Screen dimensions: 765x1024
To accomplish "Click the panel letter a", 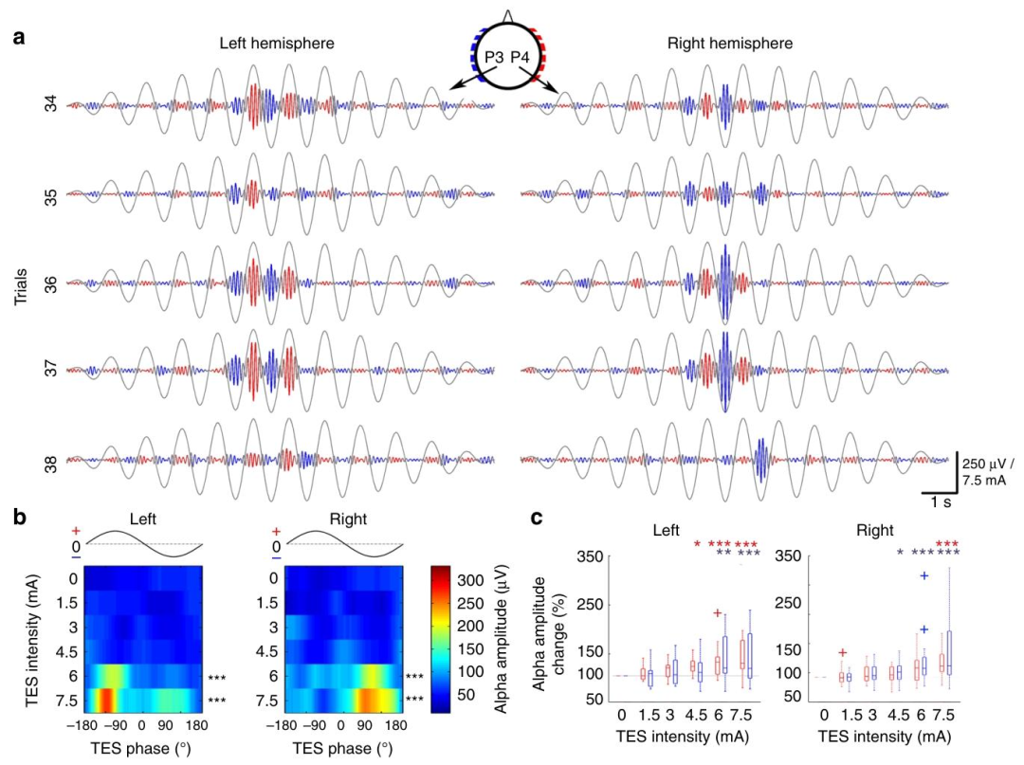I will (x=19, y=39).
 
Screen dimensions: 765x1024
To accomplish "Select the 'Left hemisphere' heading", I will (x=277, y=44).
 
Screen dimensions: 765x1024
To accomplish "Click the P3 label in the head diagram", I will (x=492, y=60).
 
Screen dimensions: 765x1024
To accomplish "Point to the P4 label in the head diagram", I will (x=523, y=60).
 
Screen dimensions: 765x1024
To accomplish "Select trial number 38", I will (x=50, y=464).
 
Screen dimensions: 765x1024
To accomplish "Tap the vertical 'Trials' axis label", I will (x=21, y=283).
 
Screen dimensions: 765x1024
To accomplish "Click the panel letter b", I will (x=19, y=517).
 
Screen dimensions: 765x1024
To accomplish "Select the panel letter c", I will (x=537, y=518).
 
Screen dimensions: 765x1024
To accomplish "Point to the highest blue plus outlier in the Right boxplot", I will (x=922, y=575).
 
